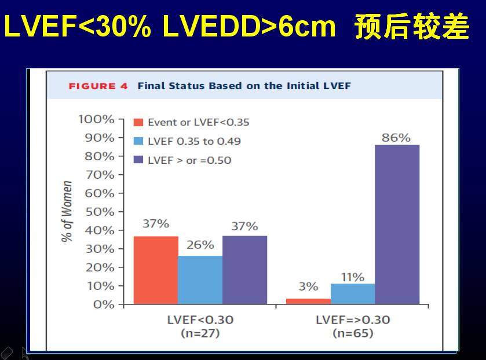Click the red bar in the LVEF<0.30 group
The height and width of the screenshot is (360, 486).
click(x=156, y=270)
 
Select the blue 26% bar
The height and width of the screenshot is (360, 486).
click(x=200, y=280)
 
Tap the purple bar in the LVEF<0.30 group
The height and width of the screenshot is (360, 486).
click(x=244, y=270)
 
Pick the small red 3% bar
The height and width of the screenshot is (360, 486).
click(x=308, y=301)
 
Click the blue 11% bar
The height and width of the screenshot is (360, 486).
click(x=352, y=293)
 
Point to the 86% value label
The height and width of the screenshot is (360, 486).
click(x=396, y=138)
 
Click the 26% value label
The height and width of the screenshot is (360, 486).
click(x=200, y=245)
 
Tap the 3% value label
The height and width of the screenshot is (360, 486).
click(x=308, y=286)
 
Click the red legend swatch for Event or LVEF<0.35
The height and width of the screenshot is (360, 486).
click(x=138, y=123)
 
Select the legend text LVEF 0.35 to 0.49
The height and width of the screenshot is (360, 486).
click(x=194, y=141)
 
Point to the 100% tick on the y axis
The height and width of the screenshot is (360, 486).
click(x=96, y=119)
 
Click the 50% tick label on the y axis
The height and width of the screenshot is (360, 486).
click(x=100, y=212)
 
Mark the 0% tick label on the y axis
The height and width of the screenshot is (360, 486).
click(x=104, y=304)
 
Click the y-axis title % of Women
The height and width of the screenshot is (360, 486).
click(x=68, y=212)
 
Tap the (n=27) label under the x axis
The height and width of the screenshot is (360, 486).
click(x=200, y=333)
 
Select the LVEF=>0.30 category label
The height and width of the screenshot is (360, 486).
click(x=353, y=320)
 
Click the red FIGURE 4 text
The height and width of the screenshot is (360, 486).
click(x=98, y=86)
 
